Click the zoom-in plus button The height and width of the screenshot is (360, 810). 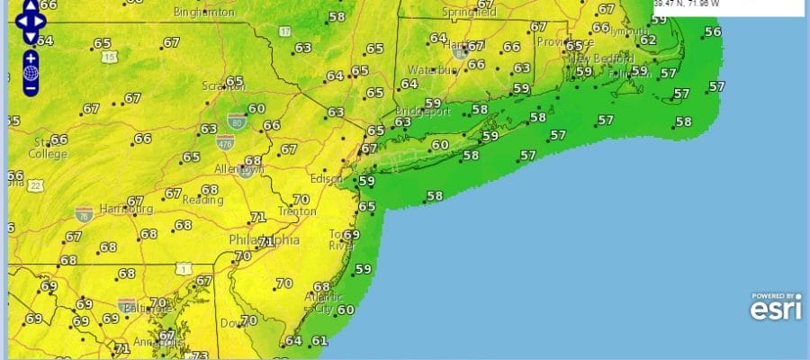pos(31,58)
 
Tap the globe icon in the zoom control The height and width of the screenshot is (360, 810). pos(31,73)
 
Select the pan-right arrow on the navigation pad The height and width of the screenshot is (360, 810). pos(43,20)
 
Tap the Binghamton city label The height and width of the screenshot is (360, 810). pos(204,12)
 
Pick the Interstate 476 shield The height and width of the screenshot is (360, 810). pos(226,141)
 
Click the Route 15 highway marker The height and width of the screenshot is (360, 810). pos(110,57)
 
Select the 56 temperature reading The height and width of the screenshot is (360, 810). pos(713,31)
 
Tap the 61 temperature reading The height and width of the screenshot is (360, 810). pos(319,341)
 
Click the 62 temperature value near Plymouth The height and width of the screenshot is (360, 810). pos(648,40)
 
